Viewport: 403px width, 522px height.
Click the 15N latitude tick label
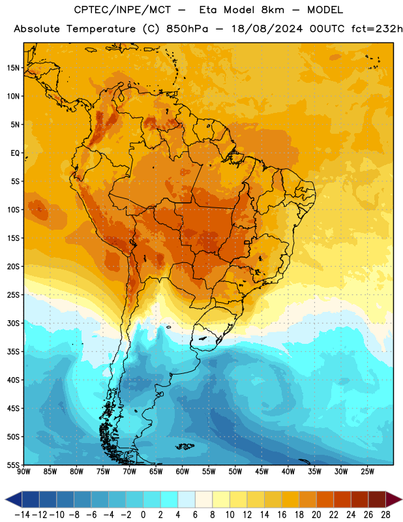[13, 68]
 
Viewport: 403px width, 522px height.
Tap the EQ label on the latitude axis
[15, 153]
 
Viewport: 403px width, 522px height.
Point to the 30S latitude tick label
[13, 324]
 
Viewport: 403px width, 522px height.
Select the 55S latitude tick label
[13, 465]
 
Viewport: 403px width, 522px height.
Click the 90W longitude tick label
[24, 472]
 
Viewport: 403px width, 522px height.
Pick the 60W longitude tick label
[183, 472]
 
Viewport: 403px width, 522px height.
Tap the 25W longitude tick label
[368, 472]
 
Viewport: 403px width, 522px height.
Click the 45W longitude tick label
[262, 472]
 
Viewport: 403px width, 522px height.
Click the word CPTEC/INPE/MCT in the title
[123, 10]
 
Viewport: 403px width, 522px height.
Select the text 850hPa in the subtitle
[187, 29]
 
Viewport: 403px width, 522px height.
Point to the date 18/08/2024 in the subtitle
[267, 29]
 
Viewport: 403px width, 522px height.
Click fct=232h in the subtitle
[377, 29]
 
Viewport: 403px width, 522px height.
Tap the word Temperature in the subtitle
[101, 29]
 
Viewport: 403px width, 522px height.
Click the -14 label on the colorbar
[22, 515]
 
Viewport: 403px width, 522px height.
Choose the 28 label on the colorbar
[385, 515]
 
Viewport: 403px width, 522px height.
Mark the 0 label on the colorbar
[143, 515]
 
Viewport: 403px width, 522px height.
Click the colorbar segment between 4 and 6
[187, 499]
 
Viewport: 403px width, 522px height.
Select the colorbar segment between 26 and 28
[377, 499]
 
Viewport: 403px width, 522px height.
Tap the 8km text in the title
[273, 10]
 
